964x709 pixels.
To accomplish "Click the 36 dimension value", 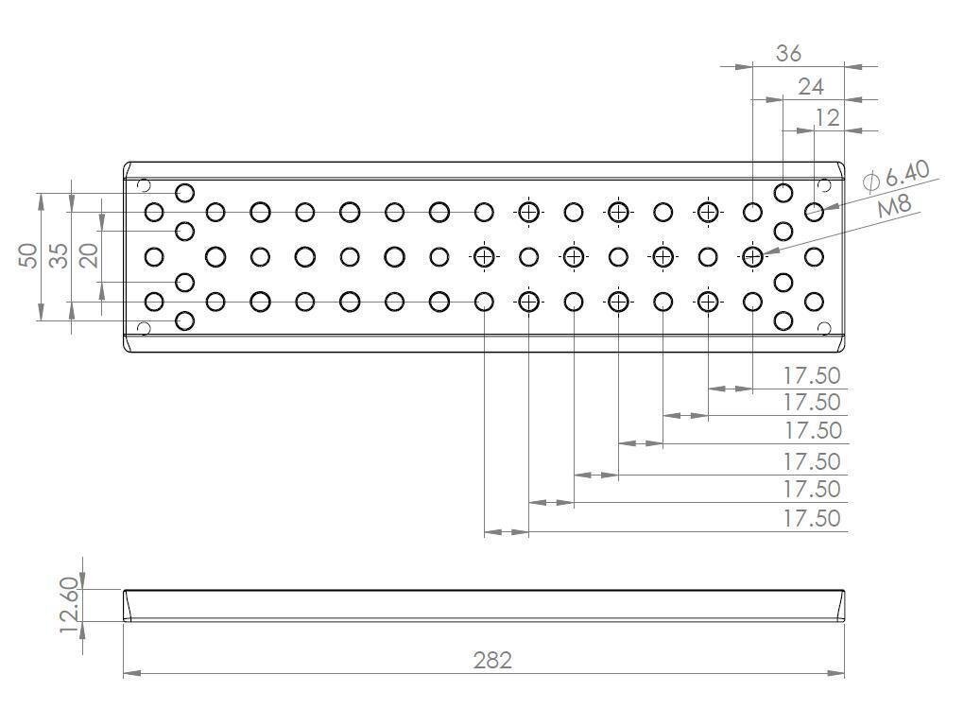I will (x=789, y=53).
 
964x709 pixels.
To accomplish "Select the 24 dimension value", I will (x=811, y=86).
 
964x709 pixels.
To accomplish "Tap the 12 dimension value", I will (x=827, y=118).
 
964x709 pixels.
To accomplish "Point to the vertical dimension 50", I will (x=29, y=256).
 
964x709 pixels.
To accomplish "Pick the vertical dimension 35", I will (x=60, y=256).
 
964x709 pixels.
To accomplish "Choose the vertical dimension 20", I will (x=89, y=256).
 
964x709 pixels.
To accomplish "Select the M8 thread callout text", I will (x=893, y=206).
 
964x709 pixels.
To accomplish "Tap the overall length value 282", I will (x=492, y=660).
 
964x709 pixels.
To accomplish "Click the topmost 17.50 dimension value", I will (x=811, y=375).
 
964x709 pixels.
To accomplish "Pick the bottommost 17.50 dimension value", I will (x=811, y=518).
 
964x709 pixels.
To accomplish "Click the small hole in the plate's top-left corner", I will (x=144, y=184).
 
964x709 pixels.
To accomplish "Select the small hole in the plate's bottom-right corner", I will (x=824, y=328).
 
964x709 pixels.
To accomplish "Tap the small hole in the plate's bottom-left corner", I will (x=144, y=328).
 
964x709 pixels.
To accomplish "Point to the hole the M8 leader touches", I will (x=752, y=255).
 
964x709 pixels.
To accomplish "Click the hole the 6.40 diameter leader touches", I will (x=814, y=212).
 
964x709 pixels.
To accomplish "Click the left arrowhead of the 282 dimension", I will (x=129, y=673).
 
